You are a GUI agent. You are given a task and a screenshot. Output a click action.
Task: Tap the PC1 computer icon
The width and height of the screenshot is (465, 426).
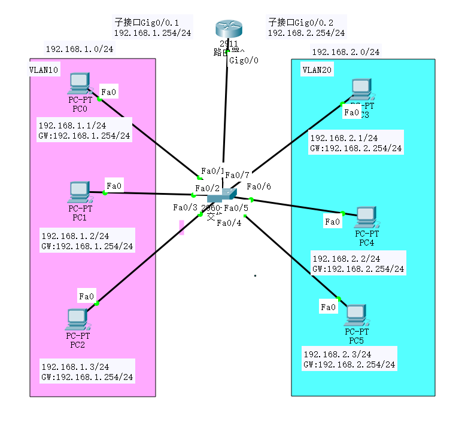(x=79, y=192)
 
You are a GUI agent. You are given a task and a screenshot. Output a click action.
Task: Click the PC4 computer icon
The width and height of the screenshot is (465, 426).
(x=366, y=217)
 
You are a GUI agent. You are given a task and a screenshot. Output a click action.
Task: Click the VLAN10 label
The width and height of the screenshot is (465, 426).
(x=44, y=70)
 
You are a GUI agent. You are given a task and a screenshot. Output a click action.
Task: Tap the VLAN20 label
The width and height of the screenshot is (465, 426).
(x=317, y=70)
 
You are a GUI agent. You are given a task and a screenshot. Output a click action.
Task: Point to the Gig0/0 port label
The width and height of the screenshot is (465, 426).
(x=244, y=61)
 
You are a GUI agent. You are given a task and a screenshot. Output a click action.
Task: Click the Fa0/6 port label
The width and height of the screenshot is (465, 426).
(x=259, y=186)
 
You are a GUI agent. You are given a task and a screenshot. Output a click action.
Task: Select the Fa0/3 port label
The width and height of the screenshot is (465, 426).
(x=185, y=207)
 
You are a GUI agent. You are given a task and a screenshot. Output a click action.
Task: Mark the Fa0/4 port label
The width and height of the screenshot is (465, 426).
(x=229, y=223)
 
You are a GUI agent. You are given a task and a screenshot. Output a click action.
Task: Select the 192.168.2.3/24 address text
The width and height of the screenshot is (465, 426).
(x=337, y=354)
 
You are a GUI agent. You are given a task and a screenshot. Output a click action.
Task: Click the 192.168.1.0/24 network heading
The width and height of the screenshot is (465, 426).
(x=80, y=48)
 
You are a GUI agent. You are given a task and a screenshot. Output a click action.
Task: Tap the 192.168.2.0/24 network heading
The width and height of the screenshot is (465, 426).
(x=345, y=52)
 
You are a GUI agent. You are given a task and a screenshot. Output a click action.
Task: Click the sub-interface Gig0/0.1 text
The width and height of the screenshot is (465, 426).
(x=147, y=22)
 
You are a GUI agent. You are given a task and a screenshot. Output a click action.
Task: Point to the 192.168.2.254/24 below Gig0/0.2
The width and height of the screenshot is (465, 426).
(x=306, y=33)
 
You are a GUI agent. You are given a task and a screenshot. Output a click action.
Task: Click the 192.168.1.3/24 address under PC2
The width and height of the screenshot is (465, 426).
(x=75, y=366)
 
